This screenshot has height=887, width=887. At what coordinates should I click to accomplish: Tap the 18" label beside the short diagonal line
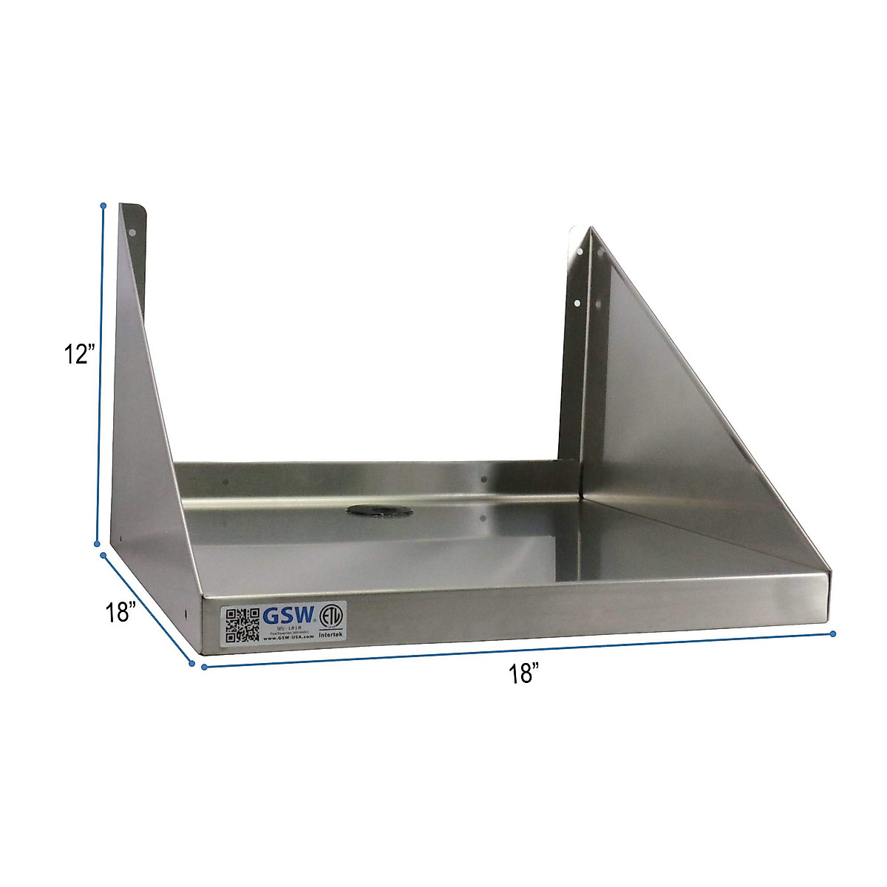point(120,613)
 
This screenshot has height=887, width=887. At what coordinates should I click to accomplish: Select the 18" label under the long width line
point(523,673)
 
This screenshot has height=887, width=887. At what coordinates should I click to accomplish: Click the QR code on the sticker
point(242,625)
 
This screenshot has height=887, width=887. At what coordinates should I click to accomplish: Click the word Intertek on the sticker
point(330,642)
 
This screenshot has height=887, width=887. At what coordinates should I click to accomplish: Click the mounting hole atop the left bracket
point(134,233)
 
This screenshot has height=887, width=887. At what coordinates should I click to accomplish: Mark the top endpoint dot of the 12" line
point(103,205)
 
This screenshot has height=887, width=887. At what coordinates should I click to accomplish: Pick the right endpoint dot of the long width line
point(833,633)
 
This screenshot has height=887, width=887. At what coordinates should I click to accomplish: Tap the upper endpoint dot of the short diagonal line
point(104,555)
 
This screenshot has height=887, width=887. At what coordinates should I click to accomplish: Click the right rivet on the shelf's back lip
point(483,480)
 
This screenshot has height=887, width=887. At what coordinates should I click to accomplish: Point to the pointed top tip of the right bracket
point(590,228)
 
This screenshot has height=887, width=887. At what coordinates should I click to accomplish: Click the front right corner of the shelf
point(829,572)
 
